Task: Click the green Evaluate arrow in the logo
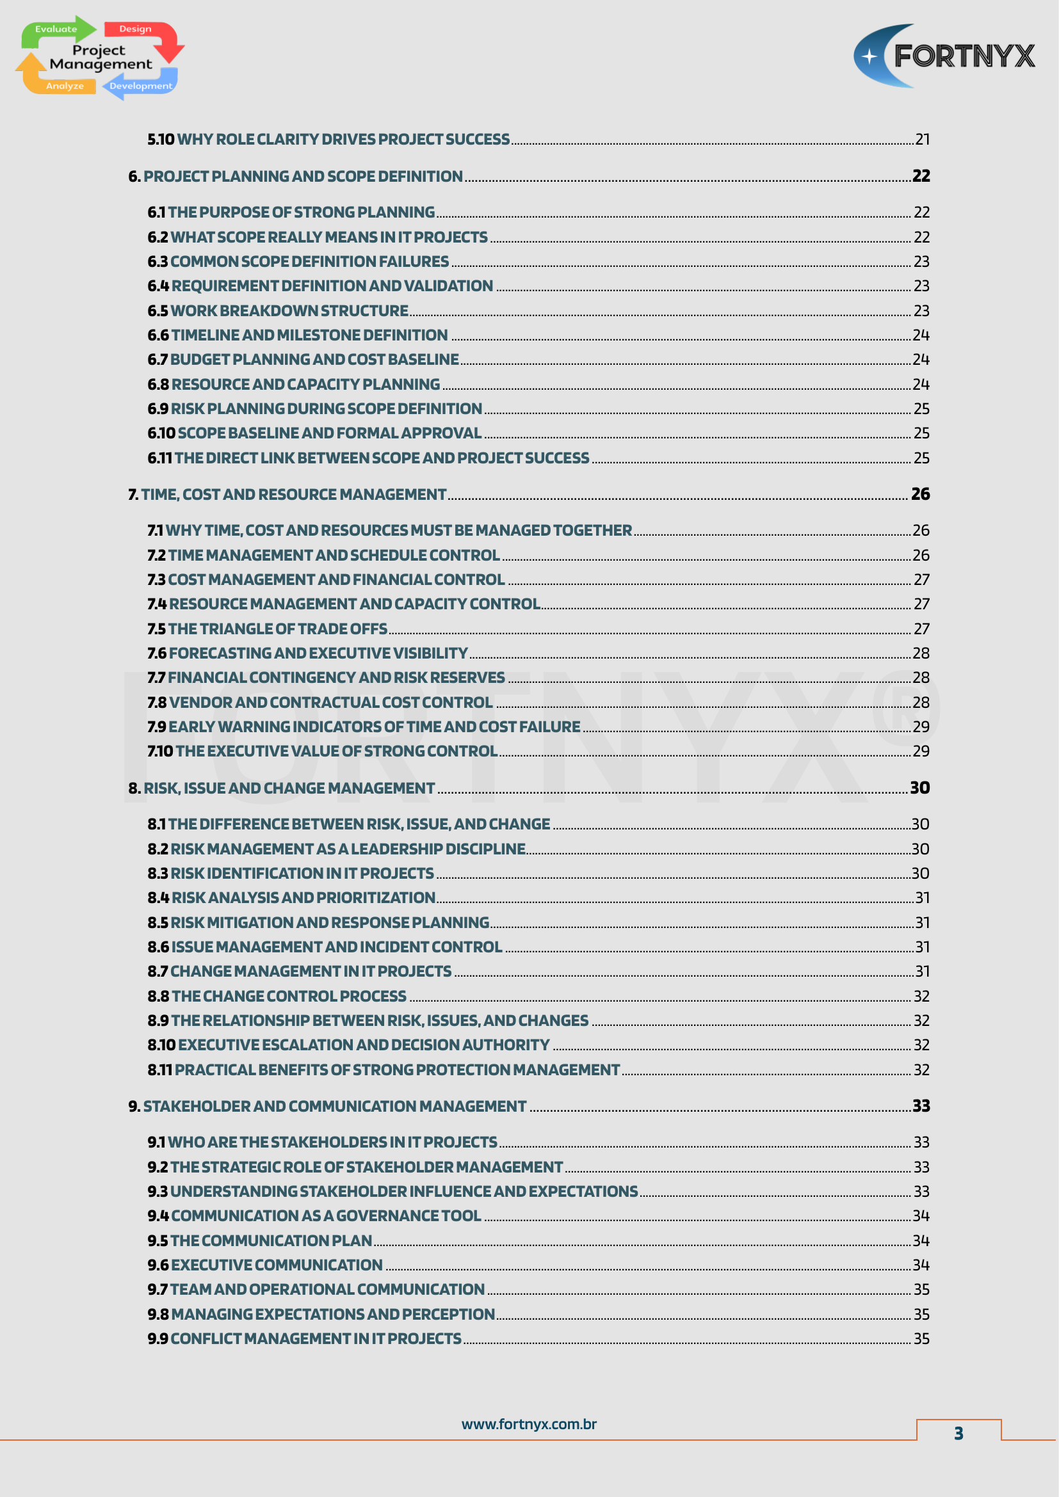coord(58,29)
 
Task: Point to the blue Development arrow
coord(140,86)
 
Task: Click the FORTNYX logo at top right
coord(944,56)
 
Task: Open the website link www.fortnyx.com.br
coord(529,1424)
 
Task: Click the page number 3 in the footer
coord(958,1433)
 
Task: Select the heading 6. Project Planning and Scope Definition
coord(295,177)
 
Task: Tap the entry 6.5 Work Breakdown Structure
coord(278,311)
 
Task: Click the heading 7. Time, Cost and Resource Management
coord(287,495)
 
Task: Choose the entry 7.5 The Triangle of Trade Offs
coord(268,629)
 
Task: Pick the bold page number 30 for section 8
coord(919,789)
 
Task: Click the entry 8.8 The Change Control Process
coord(277,997)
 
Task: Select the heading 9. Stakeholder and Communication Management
coord(327,1107)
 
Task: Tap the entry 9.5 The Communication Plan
coord(259,1241)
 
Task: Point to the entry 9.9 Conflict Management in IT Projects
coord(305,1338)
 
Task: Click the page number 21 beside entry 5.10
coord(922,140)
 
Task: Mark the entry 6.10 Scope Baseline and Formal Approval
coord(314,433)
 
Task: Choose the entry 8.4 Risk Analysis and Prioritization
coord(291,898)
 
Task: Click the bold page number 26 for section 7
coord(919,494)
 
